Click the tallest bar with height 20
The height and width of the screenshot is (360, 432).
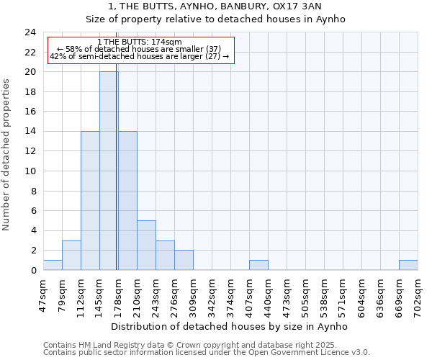pyautogui.click(x=109, y=171)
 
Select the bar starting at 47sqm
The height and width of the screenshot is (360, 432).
pyautogui.click(x=53, y=265)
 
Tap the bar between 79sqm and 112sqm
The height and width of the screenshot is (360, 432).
pyautogui.click(x=71, y=255)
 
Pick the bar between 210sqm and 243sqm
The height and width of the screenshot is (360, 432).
pyautogui.click(x=146, y=245)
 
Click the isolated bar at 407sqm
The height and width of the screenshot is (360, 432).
pyautogui.click(x=258, y=265)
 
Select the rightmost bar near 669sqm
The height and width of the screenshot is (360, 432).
pyautogui.click(x=408, y=265)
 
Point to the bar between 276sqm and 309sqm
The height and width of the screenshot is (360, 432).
pyautogui.click(x=184, y=260)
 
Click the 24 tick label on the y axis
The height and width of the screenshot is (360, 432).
pyautogui.click(x=30, y=32)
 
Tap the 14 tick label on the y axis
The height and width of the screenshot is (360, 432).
pyautogui.click(x=30, y=132)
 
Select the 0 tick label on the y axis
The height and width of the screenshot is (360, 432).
pyautogui.click(x=32, y=271)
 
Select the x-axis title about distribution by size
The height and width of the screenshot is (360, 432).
pyautogui.click(x=230, y=326)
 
